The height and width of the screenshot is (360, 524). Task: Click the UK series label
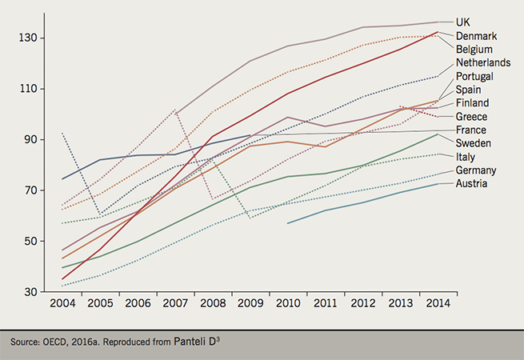tap(463, 22)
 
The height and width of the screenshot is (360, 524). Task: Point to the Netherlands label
tap(483, 62)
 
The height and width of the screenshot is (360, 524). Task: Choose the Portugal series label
tap(474, 76)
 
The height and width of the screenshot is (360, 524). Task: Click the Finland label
tap(473, 103)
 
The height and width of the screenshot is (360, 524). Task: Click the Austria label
tap(473, 184)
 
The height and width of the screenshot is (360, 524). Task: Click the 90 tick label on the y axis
tap(31, 140)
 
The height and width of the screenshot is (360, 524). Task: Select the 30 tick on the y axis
tap(31, 293)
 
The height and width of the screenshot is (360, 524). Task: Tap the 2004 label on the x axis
tap(62, 305)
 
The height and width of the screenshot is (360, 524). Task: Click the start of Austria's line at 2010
tap(287, 223)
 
